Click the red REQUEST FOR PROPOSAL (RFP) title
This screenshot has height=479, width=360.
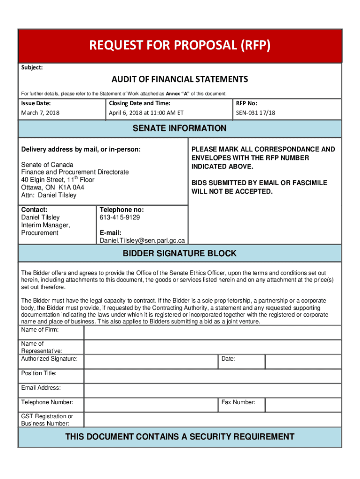[180, 46]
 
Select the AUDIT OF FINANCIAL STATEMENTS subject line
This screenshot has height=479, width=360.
[180, 79]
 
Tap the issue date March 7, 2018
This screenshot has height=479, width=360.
[40, 113]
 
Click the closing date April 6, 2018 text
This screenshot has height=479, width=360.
[146, 113]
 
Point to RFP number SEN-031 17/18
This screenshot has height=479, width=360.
[256, 113]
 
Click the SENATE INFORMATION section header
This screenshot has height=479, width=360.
[180, 129]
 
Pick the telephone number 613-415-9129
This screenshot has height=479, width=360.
[120, 218]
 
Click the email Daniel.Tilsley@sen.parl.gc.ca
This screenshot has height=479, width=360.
[142, 240]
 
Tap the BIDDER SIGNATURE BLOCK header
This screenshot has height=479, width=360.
[180, 254]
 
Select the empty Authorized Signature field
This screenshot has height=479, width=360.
[151, 362]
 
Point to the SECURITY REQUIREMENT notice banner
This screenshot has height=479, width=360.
[180, 437]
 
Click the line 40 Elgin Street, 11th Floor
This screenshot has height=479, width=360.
[58, 180]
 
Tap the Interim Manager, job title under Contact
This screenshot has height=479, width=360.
[45, 225]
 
